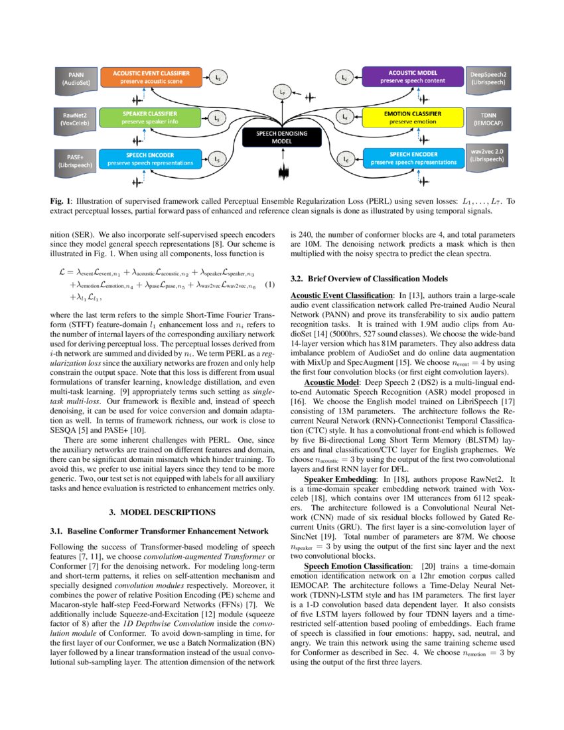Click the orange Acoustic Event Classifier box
pyautogui.click(x=151, y=77)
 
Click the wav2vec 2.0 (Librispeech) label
pyautogui.click(x=488, y=159)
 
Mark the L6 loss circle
pyautogui.click(x=345, y=159)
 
